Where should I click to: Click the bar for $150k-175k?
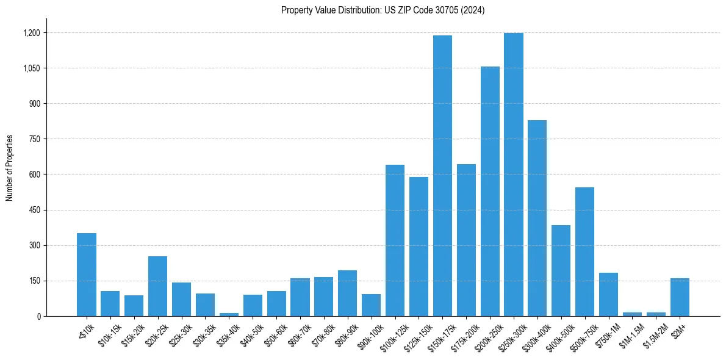pyautogui.click(x=442, y=177)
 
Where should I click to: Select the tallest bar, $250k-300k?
pyautogui.click(x=514, y=177)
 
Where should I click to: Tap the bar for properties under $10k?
pyautogui.click(x=86, y=275)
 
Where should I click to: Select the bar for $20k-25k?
pyautogui.click(x=157, y=287)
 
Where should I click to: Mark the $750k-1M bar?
pyautogui.click(x=608, y=295)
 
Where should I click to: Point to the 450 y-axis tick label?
pyautogui.click(x=34, y=211)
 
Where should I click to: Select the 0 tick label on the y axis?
pyautogui.click(x=38, y=317)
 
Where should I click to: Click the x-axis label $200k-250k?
pyautogui.click(x=487, y=335)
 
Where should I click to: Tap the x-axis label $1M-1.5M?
pyautogui.click(x=631, y=335)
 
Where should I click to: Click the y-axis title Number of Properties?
pyautogui.click(x=9, y=168)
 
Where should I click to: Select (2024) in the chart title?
pyautogui.click(x=474, y=10)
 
